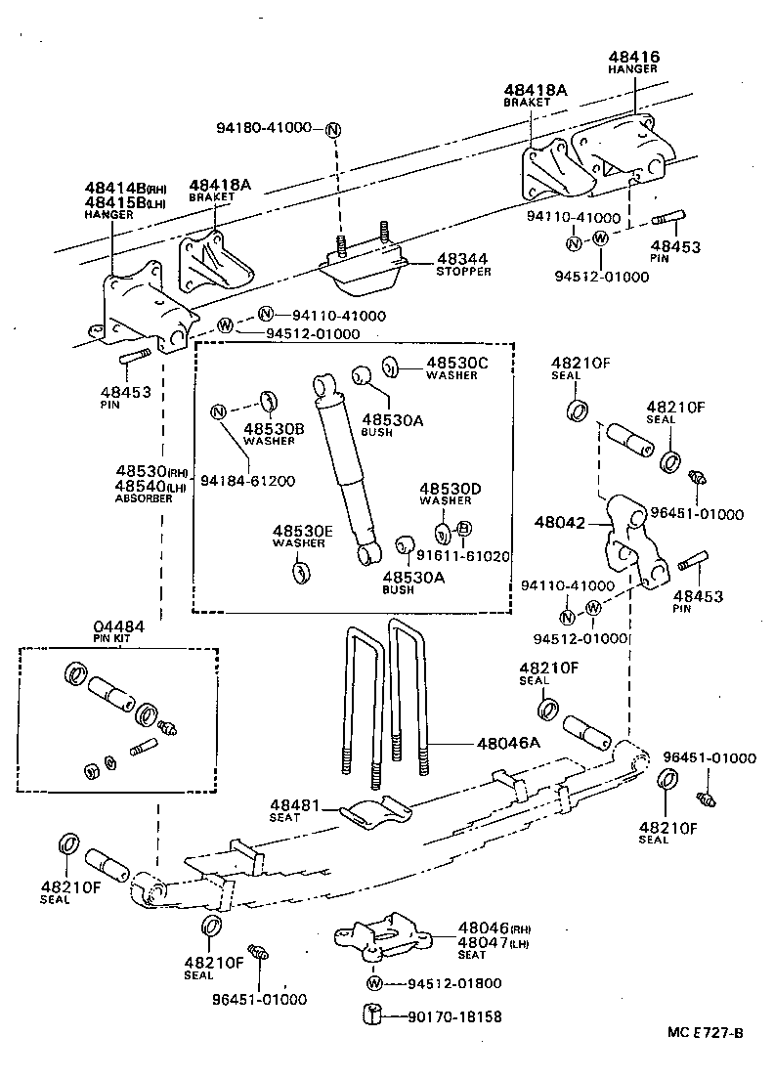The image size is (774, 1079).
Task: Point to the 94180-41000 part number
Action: coord(264,128)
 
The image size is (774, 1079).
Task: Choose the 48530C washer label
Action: coord(455,363)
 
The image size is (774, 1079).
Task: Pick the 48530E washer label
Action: coord(303,531)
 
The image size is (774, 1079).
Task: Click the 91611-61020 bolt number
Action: coord(463,556)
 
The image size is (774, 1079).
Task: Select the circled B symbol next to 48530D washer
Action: coord(464,529)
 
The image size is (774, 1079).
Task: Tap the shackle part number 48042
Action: coord(559,523)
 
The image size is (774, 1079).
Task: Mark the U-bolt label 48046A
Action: coord(508,744)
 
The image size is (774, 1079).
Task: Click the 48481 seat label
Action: coord(292,805)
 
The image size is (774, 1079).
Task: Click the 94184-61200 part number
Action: coord(248,480)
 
